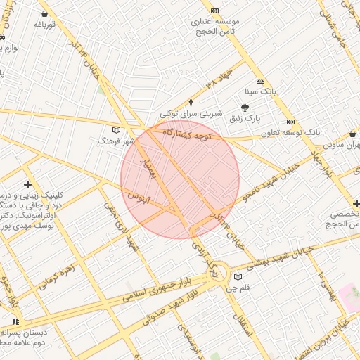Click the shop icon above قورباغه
[45, 13]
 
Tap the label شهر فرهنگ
[118, 141]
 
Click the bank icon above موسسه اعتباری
[214, 11]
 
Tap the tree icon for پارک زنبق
[245, 108]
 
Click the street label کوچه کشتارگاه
[192, 134]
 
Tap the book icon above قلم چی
[237, 276]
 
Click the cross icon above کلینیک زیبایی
[27, 184]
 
